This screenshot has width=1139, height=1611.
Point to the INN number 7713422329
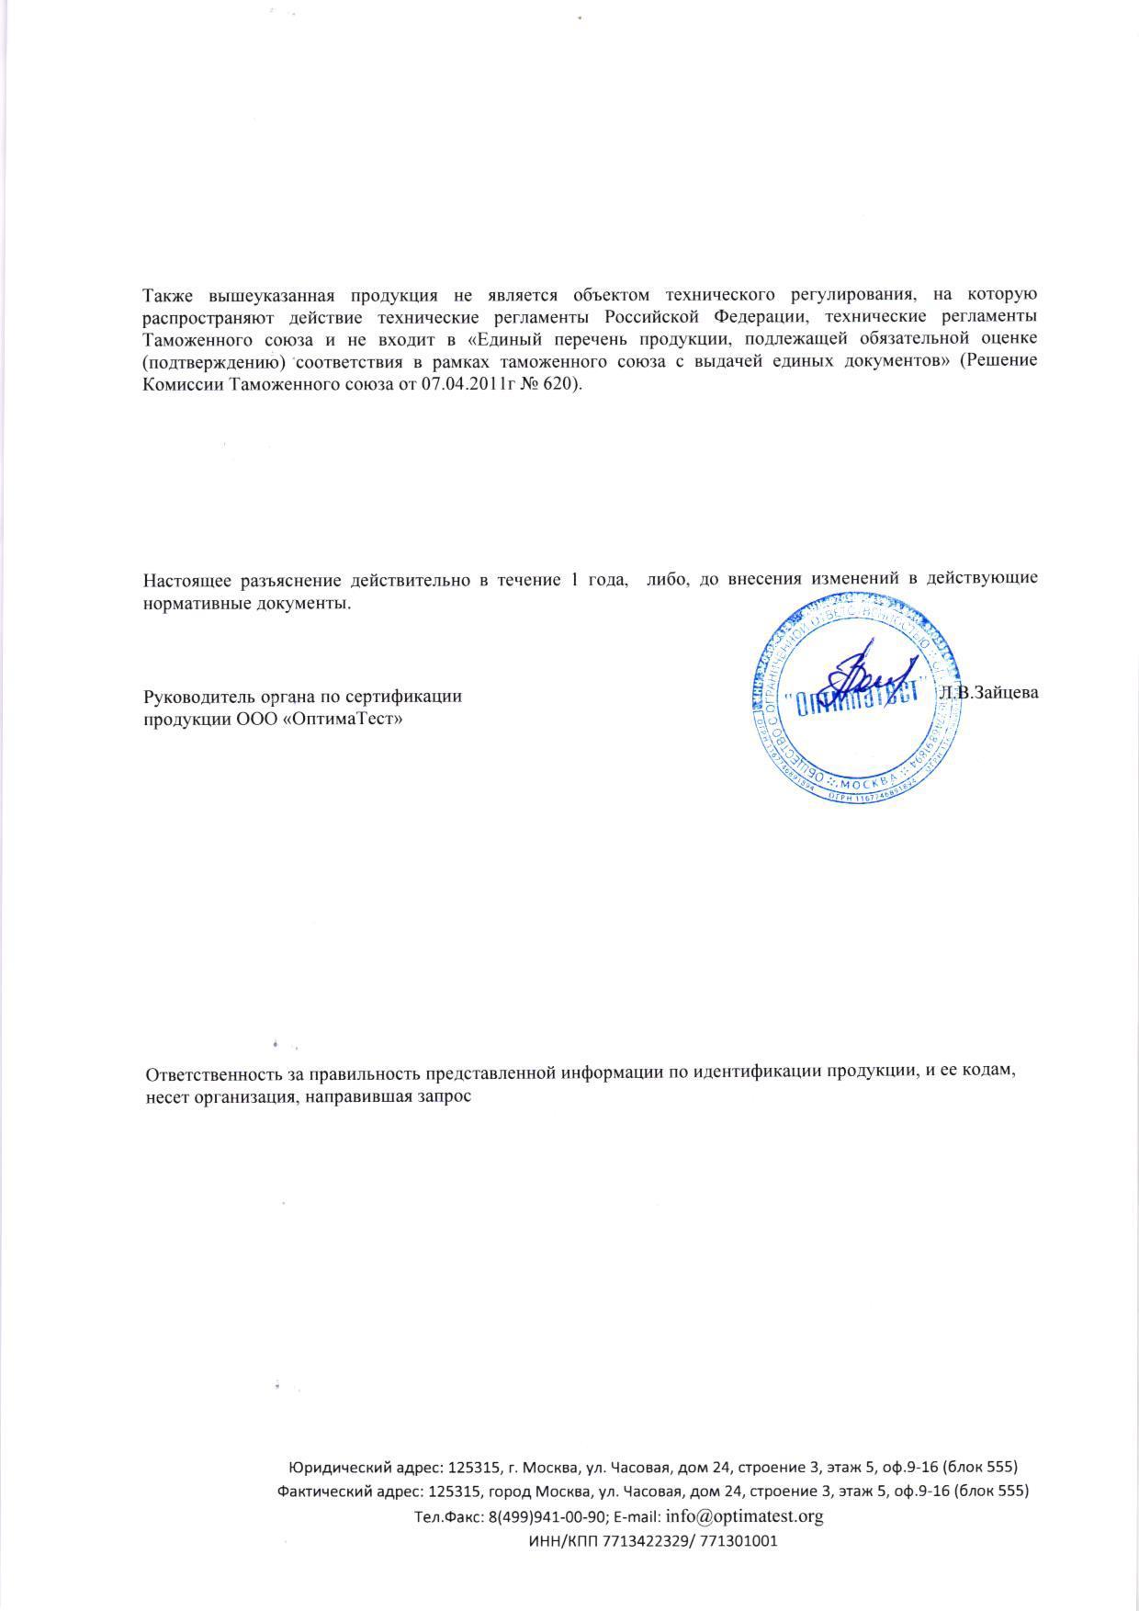(648, 1541)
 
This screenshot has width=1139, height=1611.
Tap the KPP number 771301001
(739, 1541)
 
